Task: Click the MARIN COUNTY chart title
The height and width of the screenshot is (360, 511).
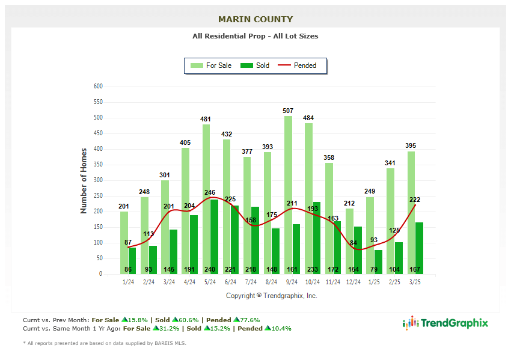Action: click(255, 19)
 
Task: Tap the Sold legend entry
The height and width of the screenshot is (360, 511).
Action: click(255, 66)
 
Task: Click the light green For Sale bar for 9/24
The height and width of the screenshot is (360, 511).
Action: click(289, 198)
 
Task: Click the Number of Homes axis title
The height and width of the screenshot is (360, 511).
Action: click(84, 181)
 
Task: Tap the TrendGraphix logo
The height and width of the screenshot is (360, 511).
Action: click(445, 323)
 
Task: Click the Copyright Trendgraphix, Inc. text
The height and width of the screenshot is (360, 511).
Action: click(272, 296)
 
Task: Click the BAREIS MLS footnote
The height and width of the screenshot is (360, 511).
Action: click(105, 343)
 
